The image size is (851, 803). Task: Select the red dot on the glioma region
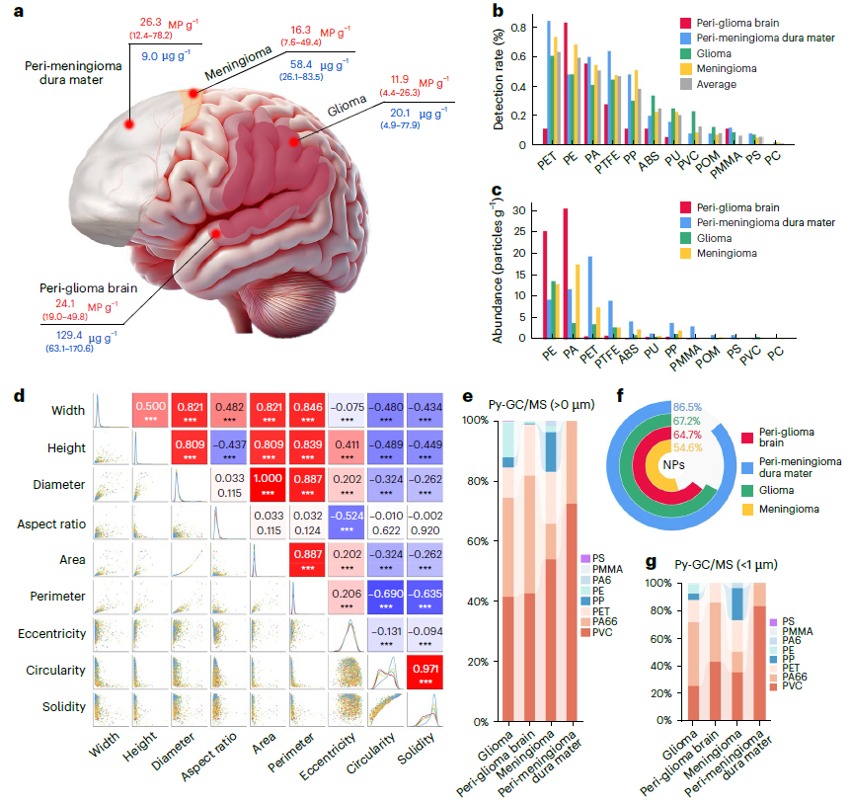(x=293, y=143)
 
